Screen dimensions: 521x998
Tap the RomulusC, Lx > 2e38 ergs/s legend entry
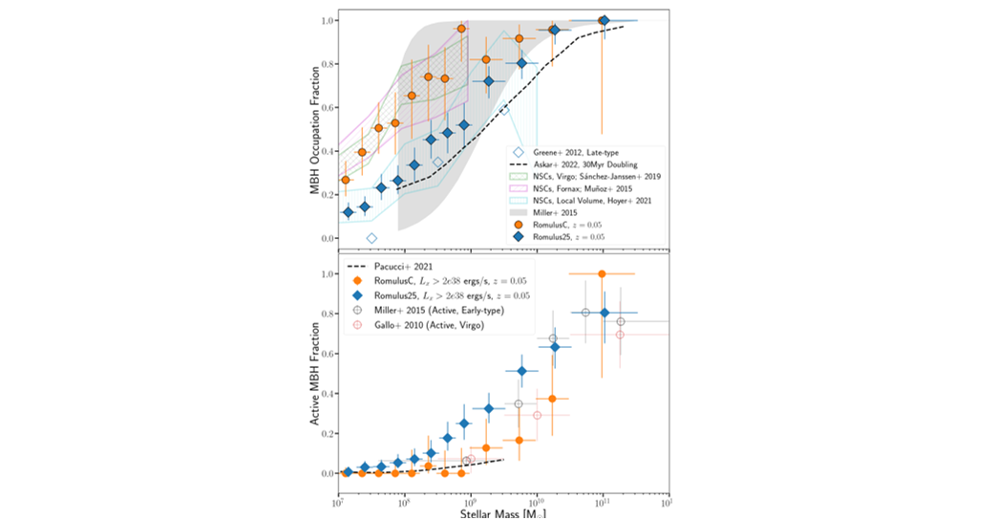[x=438, y=281]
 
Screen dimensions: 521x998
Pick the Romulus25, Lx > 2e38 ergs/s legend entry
[x=440, y=296]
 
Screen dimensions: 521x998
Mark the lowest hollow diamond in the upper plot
[x=372, y=238]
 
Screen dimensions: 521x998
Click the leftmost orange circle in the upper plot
[x=346, y=180]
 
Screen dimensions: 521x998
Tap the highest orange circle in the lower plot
[x=602, y=274]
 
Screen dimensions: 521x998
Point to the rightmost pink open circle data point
[x=620, y=335]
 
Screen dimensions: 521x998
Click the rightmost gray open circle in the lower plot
[x=621, y=322]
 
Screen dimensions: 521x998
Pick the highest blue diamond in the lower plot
[x=604, y=313]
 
